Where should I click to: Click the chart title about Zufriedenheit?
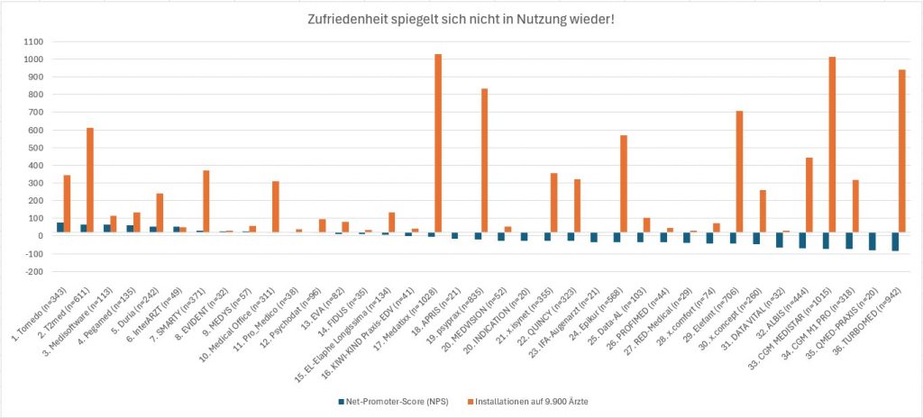pyautogui.click(x=461, y=21)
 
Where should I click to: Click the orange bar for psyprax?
pyautogui.click(x=484, y=162)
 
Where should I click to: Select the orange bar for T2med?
pyautogui.click(x=90, y=181)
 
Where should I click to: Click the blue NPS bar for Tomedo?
pyautogui.click(x=60, y=229)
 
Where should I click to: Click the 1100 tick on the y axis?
pyautogui.click(x=34, y=41)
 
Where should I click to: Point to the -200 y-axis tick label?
pyautogui.click(x=34, y=271)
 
